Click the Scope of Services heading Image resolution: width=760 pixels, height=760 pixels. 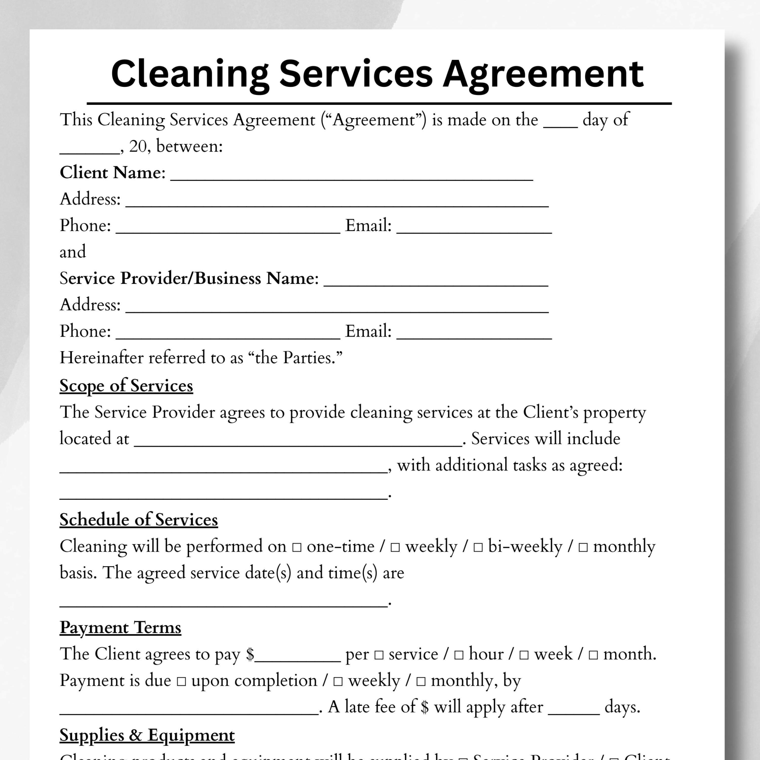click(126, 386)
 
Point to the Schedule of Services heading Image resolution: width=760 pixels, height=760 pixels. click(139, 520)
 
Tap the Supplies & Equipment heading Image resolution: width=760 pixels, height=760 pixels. click(147, 735)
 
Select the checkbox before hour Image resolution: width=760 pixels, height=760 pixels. click(459, 655)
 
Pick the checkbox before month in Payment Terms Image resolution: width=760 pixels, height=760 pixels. click(593, 655)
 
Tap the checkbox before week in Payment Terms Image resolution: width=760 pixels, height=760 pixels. click(524, 655)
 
